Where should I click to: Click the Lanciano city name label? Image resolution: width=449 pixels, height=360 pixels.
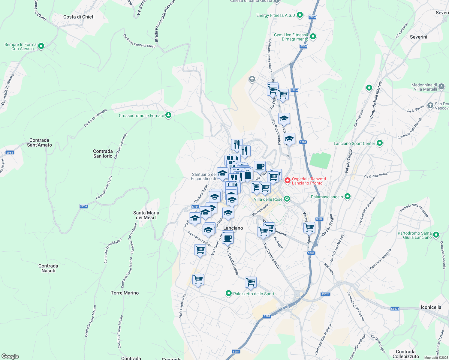(x=233, y=228)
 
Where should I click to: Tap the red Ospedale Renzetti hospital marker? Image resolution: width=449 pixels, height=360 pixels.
(x=287, y=181)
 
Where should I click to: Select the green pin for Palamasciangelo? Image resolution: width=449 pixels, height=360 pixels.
(x=348, y=196)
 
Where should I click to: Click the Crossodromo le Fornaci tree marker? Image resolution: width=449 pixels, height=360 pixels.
(x=168, y=115)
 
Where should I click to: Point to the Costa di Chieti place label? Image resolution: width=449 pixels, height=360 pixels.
(x=79, y=17)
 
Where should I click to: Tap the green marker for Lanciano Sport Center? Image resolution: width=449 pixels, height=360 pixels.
(x=380, y=143)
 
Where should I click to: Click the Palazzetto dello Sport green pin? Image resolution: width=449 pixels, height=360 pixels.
(x=229, y=293)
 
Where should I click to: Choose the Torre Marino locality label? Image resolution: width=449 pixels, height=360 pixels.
(x=125, y=293)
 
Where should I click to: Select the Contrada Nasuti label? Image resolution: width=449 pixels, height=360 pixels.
(x=48, y=268)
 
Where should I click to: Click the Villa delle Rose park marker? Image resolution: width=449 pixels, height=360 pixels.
(x=287, y=199)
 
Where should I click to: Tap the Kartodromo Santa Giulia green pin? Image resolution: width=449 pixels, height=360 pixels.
(x=436, y=235)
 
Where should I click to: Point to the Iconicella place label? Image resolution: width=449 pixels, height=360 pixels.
(x=431, y=307)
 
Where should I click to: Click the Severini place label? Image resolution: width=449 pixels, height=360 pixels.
(x=418, y=37)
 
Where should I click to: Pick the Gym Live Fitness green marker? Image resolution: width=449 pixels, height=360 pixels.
(x=313, y=37)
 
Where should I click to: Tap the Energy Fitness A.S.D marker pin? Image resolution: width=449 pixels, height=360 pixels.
(x=300, y=15)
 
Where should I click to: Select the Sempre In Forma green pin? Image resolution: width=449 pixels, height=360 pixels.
(x=41, y=46)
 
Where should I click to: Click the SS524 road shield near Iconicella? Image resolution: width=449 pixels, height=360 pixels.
(x=395, y=309)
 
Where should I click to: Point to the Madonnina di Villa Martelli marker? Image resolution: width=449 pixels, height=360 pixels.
(x=441, y=87)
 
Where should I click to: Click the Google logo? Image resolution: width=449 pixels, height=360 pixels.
(x=10, y=356)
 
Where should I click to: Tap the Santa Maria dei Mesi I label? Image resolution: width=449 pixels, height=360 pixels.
(x=146, y=215)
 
